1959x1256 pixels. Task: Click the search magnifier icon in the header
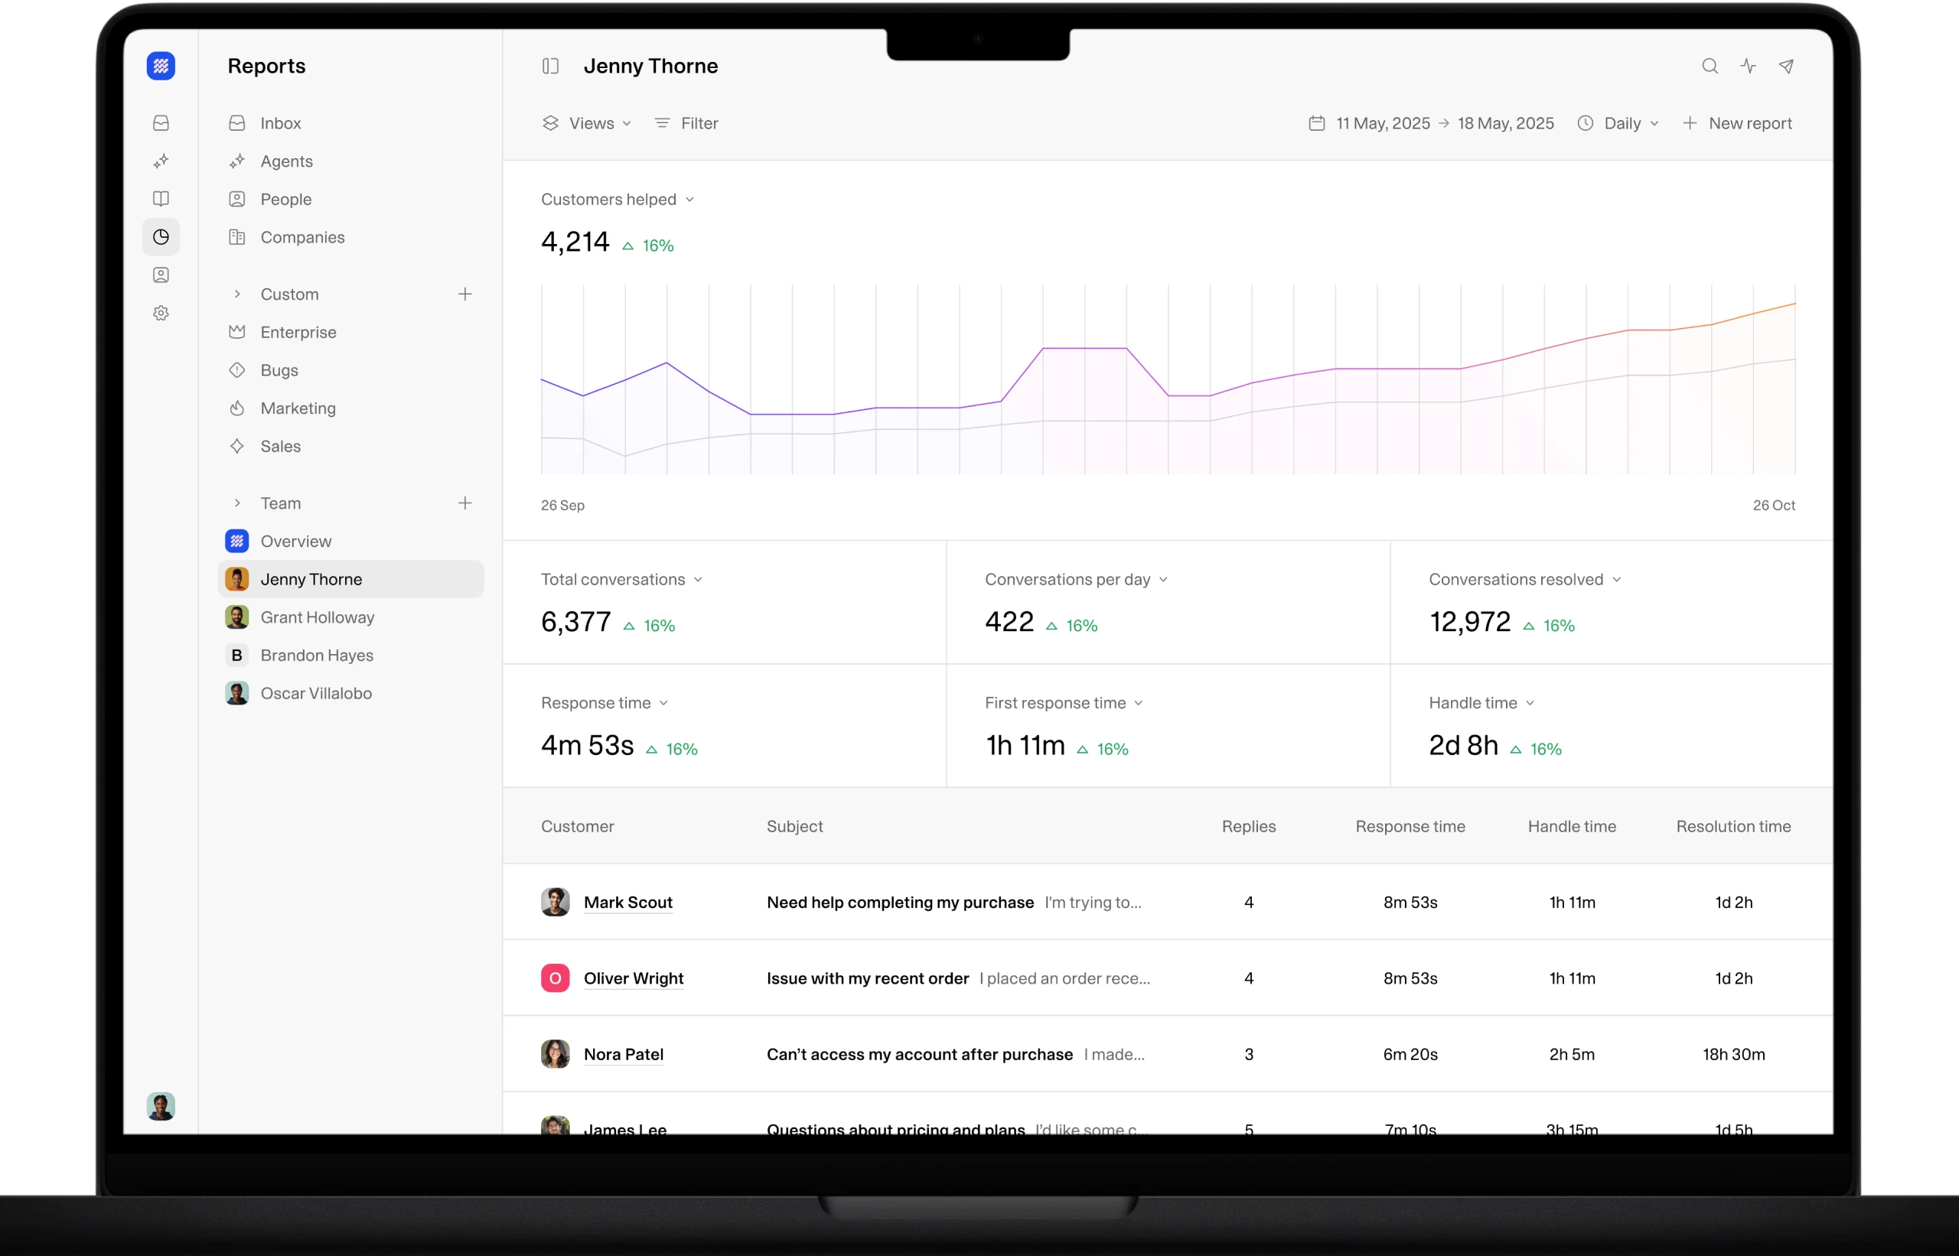(1710, 66)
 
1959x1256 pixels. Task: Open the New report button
(1737, 123)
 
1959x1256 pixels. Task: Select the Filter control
(686, 123)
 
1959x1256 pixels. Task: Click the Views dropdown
(587, 123)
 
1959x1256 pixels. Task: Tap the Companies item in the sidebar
(302, 237)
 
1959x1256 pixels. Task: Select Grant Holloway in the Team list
(317, 617)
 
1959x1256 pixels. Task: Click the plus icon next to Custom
(465, 294)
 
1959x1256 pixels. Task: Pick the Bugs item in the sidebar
(279, 370)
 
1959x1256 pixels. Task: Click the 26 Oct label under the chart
(1773, 506)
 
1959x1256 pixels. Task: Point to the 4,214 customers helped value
(575, 242)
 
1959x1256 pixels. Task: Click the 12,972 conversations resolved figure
(1469, 623)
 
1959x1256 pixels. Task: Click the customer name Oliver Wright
(633, 978)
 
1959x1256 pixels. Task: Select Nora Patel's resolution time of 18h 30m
(1733, 1055)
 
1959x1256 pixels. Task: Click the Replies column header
(1248, 827)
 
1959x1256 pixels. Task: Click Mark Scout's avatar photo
(555, 902)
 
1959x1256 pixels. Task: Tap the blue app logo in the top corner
(161, 66)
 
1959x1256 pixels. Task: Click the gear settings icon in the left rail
(161, 313)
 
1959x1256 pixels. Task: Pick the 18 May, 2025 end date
(1505, 123)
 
